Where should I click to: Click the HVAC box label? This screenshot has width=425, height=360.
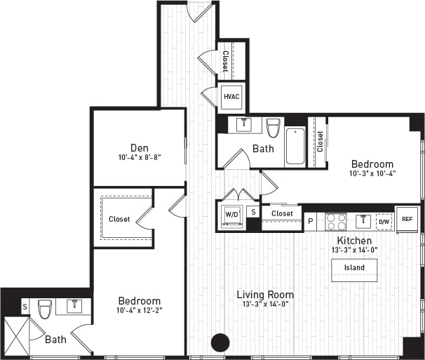click(x=231, y=97)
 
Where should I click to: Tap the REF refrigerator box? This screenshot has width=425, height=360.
click(x=407, y=218)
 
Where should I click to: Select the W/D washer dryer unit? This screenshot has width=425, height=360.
click(x=231, y=213)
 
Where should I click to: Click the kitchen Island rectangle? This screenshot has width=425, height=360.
click(x=354, y=268)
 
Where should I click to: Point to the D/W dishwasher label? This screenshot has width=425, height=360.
click(x=384, y=222)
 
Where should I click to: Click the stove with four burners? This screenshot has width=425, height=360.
click(x=336, y=222)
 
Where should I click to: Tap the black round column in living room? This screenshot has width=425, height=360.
click(x=221, y=342)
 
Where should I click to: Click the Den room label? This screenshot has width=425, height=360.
click(x=138, y=148)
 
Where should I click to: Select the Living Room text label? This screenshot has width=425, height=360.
click(x=264, y=295)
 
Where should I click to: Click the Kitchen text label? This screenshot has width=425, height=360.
click(x=353, y=241)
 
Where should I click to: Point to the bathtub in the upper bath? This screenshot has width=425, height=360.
click(x=295, y=145)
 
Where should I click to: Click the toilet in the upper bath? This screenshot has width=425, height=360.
click(x=274, y=128)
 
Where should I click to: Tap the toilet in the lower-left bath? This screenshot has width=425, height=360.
click(x=45, y=308)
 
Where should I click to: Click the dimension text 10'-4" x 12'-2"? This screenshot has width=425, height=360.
click(x=139, y=310)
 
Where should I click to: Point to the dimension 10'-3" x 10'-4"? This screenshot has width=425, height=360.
click(x=372, y=174)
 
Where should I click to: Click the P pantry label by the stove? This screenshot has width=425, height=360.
click(x=311, y=222)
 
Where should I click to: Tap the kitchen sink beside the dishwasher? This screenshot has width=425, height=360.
click(x=363, y=221)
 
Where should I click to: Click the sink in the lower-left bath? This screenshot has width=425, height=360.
click(x=74, y=306)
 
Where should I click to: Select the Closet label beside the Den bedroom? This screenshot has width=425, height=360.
click(x=119, y=219)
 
